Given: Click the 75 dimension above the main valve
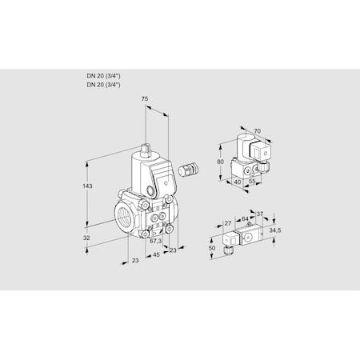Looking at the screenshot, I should [x=144, y=99].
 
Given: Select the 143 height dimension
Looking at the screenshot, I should [x=88, y=186].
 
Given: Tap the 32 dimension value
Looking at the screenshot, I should [x=87, y=238].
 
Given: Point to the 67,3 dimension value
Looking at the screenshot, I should [x=156, y=240].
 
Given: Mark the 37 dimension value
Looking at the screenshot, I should [x=259, y=214].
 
